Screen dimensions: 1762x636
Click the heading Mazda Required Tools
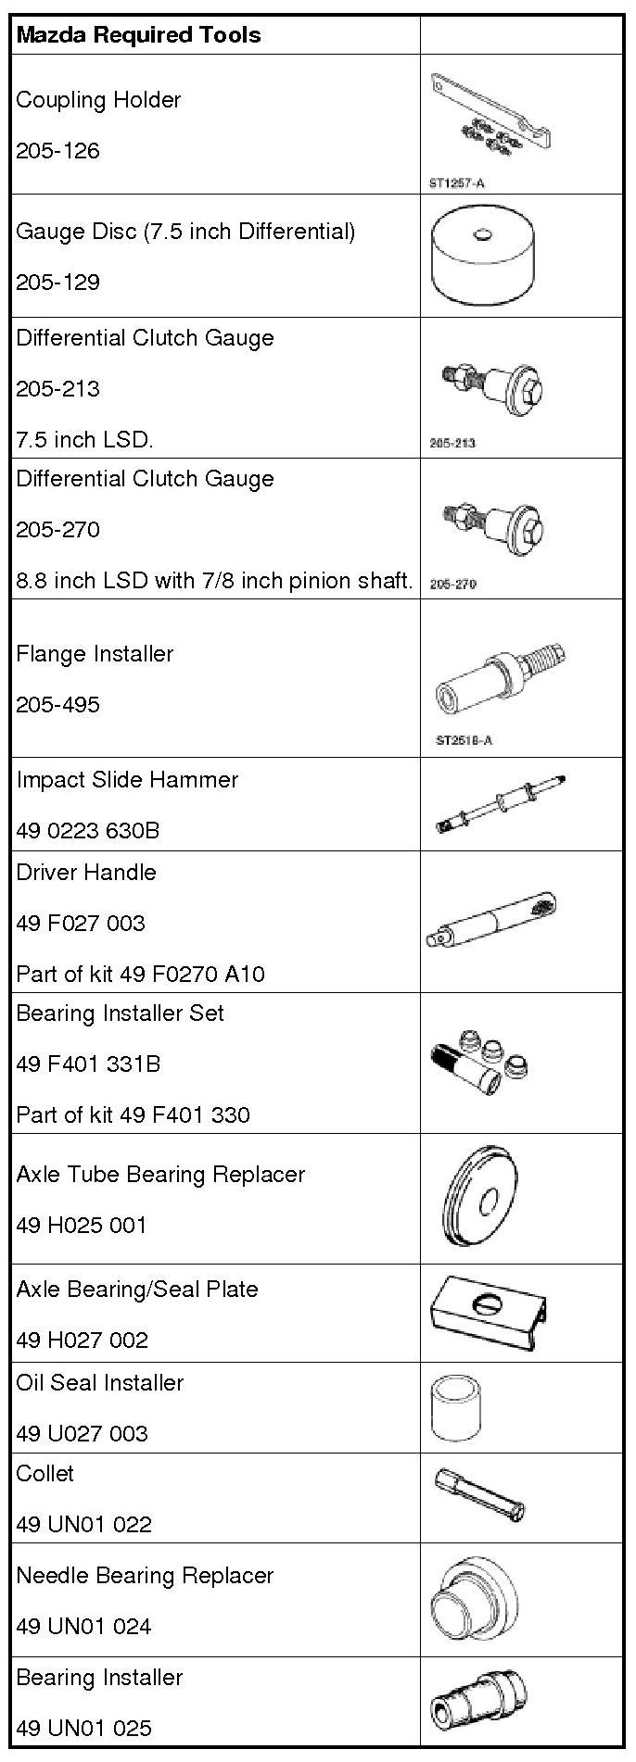(x=139, y=35)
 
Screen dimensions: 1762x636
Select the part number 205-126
(x=57, y=151)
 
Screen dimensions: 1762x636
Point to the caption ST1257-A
(x=457, y=182)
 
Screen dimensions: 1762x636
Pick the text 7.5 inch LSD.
(x=84, y=439)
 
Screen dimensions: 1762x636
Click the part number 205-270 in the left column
(x=57, y=529)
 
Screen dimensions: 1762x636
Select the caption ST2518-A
(x=464, y=740)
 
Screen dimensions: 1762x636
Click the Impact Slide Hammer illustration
(x=501, y=802)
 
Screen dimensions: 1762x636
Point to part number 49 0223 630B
(x=88, y=830)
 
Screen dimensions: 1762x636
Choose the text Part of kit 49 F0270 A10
(x=140, y=974)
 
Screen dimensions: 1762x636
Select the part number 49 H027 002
(x=82, y=1340)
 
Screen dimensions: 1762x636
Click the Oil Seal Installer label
(x=99, y=1382)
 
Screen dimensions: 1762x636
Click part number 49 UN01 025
(x=83, y=1728)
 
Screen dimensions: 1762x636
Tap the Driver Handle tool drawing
(x=491, y=923)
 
